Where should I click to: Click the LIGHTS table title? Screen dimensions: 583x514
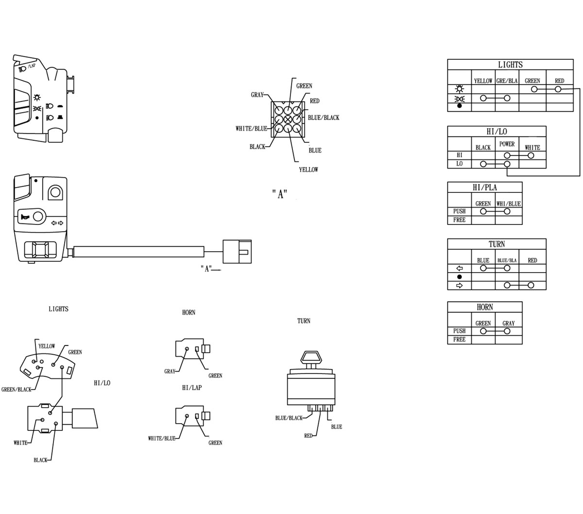(510, 65)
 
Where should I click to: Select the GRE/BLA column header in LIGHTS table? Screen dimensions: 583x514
(507, 81)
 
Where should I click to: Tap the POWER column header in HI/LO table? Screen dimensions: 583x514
(507, 144)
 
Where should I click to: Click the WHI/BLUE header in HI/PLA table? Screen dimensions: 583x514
(509, 204)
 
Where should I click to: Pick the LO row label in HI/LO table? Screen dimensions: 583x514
(459, 164)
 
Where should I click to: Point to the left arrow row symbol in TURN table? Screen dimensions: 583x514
(459, 268)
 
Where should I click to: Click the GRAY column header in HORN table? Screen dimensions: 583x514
(508, 323)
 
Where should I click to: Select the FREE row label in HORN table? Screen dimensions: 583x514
(459, 339)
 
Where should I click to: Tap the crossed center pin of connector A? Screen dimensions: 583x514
(288, 119)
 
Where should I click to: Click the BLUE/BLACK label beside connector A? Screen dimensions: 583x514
(324, 118)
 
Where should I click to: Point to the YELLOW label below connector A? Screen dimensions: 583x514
(308, 170)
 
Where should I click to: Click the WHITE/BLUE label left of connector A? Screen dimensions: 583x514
(251, 129)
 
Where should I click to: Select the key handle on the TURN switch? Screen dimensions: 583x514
(311, 357)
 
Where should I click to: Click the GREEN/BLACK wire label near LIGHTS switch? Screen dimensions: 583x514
(16, 390)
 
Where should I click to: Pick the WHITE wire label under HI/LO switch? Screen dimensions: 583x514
(20, 443)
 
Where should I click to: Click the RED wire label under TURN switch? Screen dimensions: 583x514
(308, 436)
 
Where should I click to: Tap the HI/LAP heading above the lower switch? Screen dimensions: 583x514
(191, 388)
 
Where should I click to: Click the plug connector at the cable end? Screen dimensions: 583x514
(237, 252)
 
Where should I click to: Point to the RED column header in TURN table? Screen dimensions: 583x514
(532, 260)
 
